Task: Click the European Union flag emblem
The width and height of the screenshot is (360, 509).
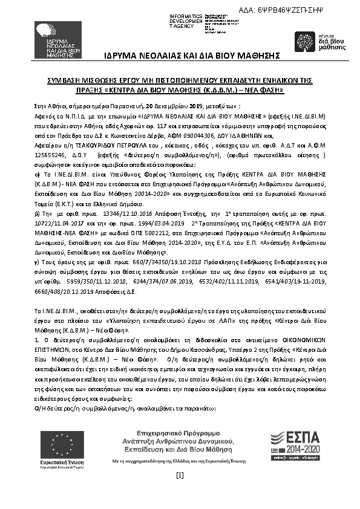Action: [54, 446]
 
